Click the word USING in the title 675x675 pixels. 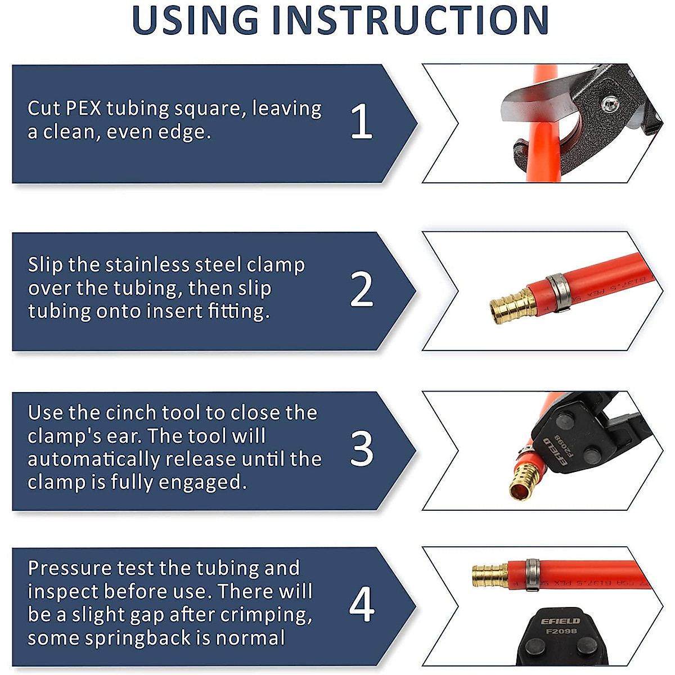pos(194,20)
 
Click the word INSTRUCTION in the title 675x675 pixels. pos(410,20)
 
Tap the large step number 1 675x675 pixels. pos(361,122)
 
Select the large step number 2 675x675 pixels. pos(361,290)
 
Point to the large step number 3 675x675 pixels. pos(361,449)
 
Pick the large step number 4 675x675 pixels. pos(361,605)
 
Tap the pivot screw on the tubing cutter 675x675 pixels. pos(609,103)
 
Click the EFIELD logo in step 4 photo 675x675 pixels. pos(560,621)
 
